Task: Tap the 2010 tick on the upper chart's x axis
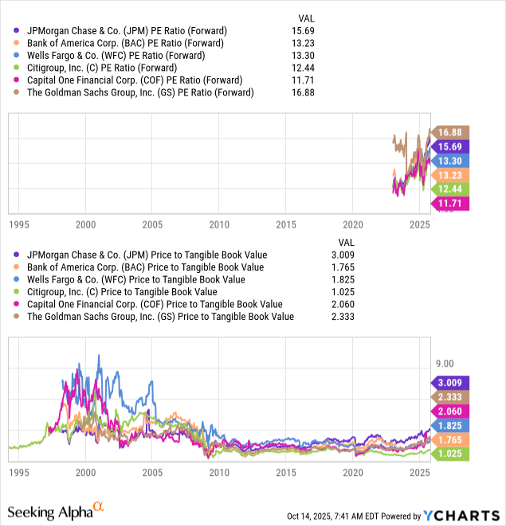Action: [219, 224]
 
